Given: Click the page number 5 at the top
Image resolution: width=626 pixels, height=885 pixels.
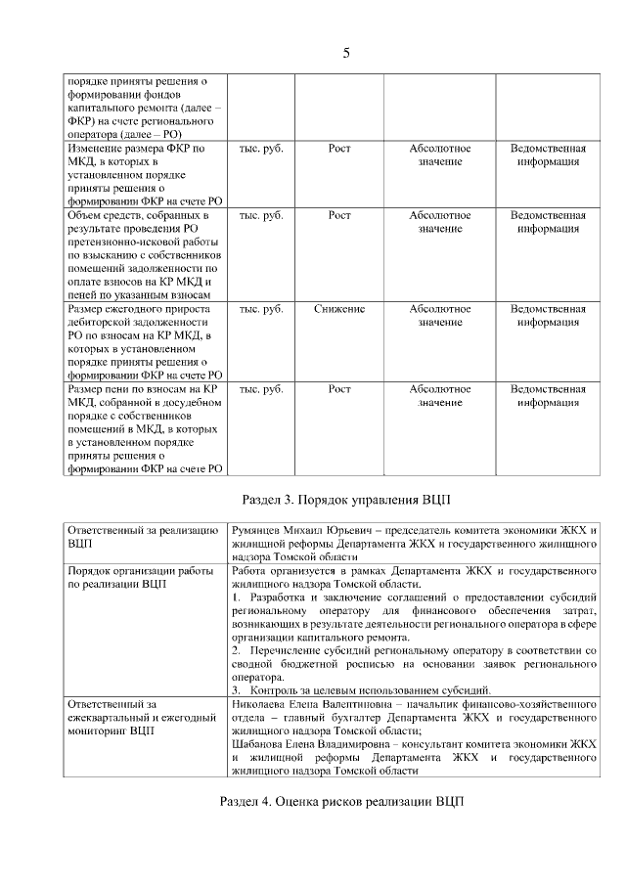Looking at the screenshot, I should (345, 52).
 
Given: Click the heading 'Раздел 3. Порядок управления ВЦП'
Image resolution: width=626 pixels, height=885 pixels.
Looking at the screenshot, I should (345, 499).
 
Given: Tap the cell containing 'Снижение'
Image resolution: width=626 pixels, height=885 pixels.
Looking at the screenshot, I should (339, 309).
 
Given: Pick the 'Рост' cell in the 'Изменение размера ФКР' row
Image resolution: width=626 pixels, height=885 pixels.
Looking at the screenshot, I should (339, 149).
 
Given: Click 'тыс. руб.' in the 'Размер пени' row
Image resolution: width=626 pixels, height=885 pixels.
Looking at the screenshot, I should (261, 389).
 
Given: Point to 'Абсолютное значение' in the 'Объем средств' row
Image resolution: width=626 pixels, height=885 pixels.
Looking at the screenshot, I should (440, 222).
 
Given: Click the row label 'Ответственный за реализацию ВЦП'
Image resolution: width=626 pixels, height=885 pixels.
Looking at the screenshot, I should (142, 537).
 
